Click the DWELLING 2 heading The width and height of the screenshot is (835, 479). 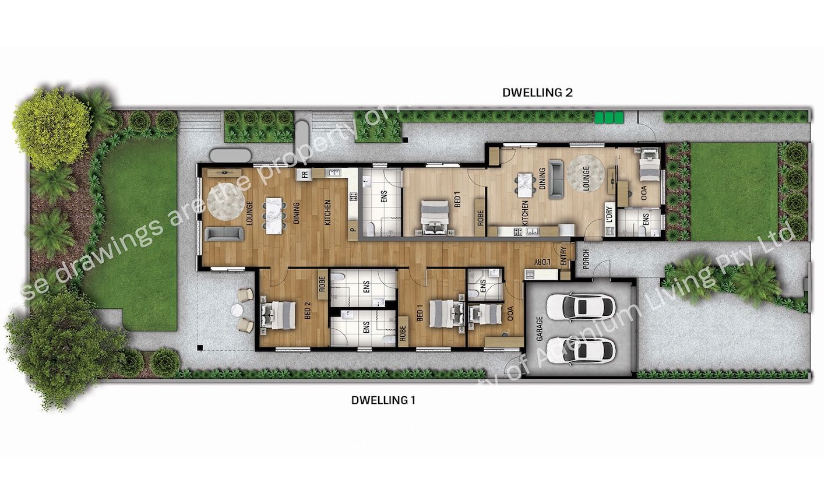(x=537, y=92)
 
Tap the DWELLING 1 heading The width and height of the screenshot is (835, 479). (x=383, y=400)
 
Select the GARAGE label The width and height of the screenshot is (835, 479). (x=540, y=329)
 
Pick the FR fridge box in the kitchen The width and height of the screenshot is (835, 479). (x=304, y=174)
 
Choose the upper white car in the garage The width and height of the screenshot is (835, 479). (x=580, y=305)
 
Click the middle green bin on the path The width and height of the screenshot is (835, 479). (x=609, y=118)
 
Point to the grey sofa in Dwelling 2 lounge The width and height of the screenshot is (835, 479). (x=556, y=179)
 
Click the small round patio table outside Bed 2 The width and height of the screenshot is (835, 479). (x=237, y=310)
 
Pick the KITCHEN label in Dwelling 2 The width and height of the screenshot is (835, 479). (x=525, y=213)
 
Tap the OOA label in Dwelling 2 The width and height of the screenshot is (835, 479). (x=644, y=193)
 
